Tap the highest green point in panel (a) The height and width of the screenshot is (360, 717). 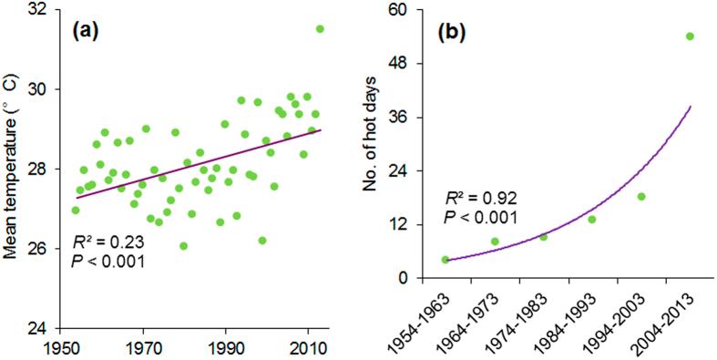(x=320, y=29)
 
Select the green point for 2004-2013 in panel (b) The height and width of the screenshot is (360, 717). (x=690, y=36)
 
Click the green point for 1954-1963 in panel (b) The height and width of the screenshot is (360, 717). (x=446, y=260)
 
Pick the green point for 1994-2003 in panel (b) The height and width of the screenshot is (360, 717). (x=641, y=197)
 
